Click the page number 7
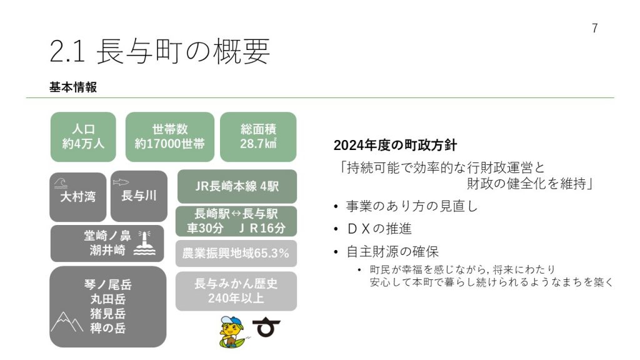[x=595, y=28]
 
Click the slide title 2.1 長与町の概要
[x=159, y=51]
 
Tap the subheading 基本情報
[x=73, y=87]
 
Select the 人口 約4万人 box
[x=83, y=137]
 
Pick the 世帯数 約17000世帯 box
[x=170, y=137]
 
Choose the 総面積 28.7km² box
[x=258, y=137]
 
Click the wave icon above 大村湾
[x=61, y=183]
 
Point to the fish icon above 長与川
[x=121, y=182]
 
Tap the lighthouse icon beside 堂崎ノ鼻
[x=144, y=243]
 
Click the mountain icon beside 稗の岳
[x=66, y=322]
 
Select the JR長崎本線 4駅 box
[x=237, y=186]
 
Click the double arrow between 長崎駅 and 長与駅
[x=236, y=214]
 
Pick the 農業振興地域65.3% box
[x=236, y=254]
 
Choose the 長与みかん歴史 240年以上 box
[x=236, y=291]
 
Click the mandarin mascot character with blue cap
[x=232, y=332]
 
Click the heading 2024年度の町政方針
[x=395, y=145]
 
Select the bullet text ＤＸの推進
[x=379, y=229]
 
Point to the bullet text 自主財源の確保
[x=392, y=251]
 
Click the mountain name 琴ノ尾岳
[x=107, y=284]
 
